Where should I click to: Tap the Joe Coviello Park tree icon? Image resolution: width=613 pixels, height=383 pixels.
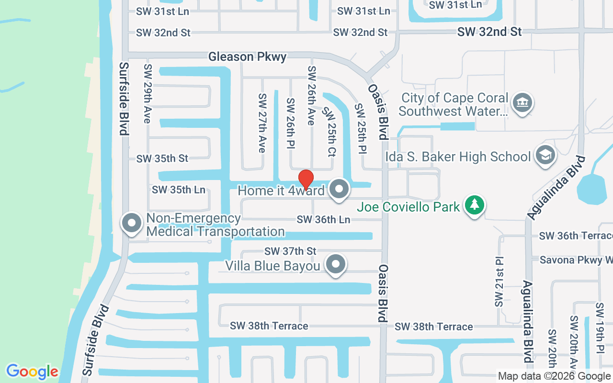pos(475,205)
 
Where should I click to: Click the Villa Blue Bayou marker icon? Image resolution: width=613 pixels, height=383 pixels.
pos(336,264)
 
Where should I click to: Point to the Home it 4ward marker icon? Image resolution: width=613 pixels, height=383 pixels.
pos(340,189)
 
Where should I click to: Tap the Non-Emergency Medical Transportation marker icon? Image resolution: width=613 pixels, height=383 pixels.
pos(132,223)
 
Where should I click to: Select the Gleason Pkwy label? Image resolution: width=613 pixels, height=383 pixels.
pos(247,56)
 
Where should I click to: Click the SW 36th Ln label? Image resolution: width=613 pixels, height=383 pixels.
pos(323,220)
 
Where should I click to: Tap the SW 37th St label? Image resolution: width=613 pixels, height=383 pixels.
pos(291,251)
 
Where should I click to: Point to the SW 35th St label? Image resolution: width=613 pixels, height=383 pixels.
pos(162,158)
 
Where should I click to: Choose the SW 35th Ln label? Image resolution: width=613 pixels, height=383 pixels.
pos(179,190)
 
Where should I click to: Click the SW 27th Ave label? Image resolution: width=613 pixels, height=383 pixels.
pos(262,123)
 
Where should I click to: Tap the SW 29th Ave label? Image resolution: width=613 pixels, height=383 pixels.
pos(148,93)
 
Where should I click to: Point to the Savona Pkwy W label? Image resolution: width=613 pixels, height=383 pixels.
pos(576,260)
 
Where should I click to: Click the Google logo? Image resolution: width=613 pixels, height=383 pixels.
pos(32,372)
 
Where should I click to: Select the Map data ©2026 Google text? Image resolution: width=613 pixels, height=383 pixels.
pos(554,376)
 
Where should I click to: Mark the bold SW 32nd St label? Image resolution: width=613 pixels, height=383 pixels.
pos(489,32)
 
